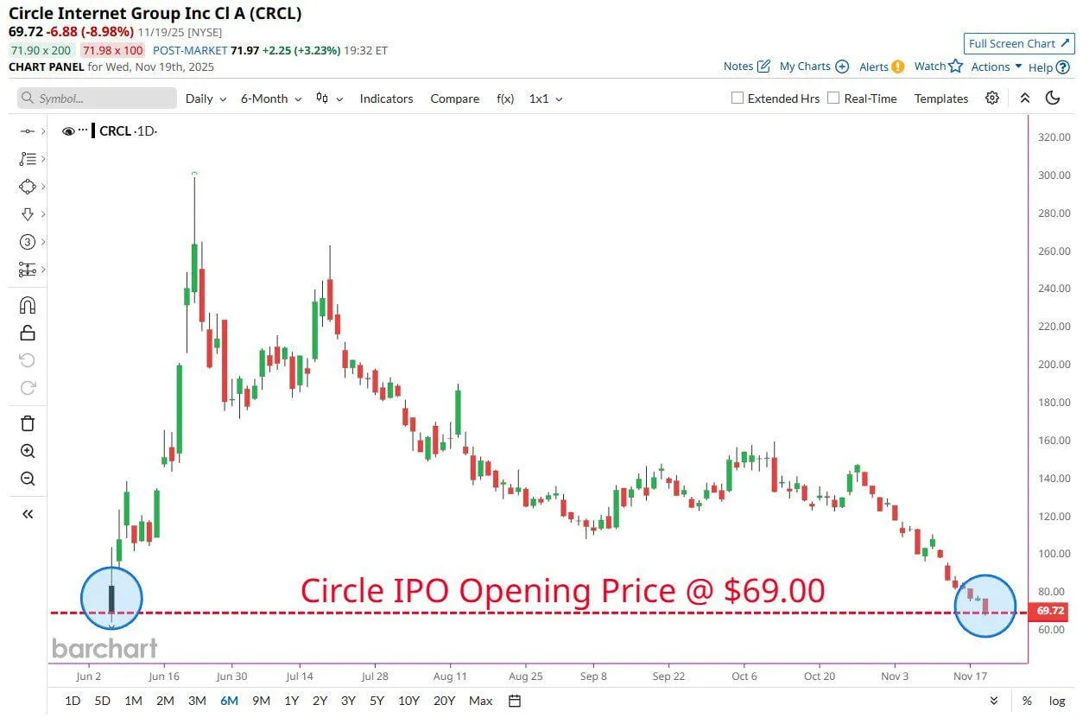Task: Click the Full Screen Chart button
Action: (x=1019, y=44)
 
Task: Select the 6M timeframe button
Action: (x=229, y=701)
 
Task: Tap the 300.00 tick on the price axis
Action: (x=1053, y=175)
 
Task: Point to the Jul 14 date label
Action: (x=300, y=676)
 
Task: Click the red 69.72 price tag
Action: (x=1050, y=611)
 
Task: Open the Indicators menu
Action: (x=386, y=98)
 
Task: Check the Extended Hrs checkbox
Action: (x=738, y=98)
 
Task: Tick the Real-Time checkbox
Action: (x=833, y=98)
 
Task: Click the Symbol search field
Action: (x=97, y=98)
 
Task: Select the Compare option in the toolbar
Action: (x=454, y=98)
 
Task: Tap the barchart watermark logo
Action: (x=104, y=648)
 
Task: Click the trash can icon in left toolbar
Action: (x=28, y=423)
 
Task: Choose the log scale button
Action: (x=1056, y=701)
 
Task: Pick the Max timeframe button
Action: (x=481, y=701)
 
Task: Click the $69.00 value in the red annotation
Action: (x=775, y=591)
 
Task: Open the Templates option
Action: (x=940, y=98)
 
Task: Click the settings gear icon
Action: (x=992, y=98)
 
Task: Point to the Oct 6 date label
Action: (x=744, y=676)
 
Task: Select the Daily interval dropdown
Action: (x=206, y=98)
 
